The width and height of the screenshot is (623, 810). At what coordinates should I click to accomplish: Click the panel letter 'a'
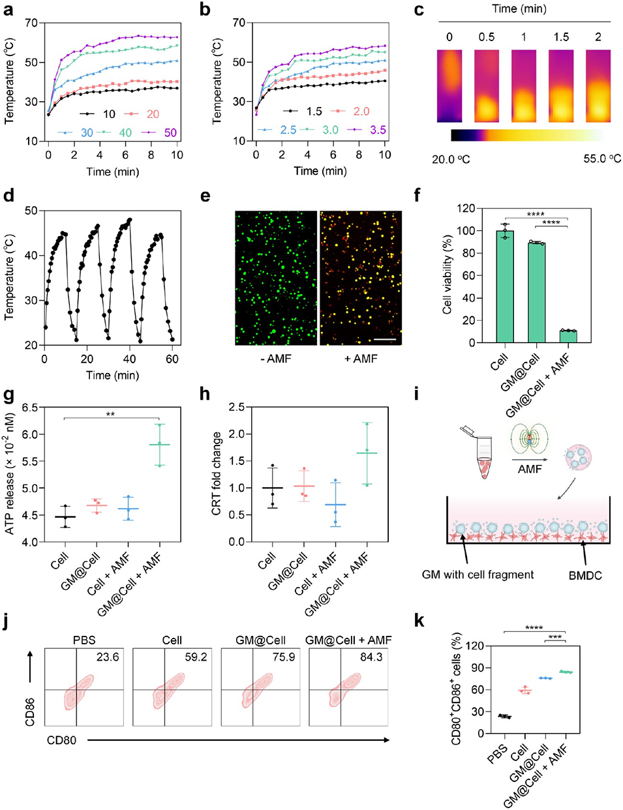point(8,11)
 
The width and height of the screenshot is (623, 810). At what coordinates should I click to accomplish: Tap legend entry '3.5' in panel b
point(378,130)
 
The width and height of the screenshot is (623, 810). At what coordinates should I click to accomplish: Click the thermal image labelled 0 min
point(449,85)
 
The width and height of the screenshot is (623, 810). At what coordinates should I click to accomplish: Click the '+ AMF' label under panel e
point(361,358)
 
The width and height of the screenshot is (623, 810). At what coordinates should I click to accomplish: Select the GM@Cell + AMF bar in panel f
point(567,336)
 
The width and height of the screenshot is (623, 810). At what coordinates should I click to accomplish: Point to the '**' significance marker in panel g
point(110,413)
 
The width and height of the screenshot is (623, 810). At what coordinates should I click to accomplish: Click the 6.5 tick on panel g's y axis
point(33,408)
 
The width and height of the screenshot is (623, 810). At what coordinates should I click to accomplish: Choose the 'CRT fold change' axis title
point(217,473)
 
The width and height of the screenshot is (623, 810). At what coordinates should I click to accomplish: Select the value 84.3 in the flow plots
point(371,657)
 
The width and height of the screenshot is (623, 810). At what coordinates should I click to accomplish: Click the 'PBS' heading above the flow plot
point(84,640)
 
